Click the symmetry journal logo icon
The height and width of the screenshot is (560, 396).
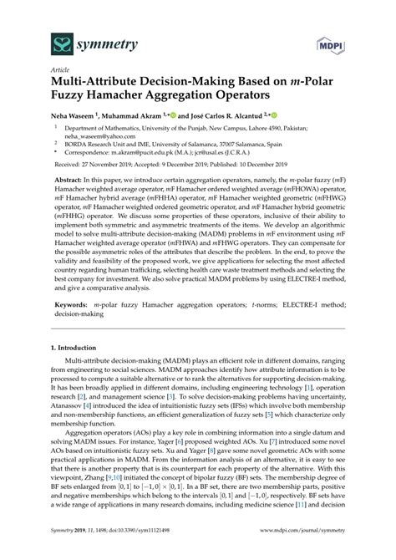[36, 41]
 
